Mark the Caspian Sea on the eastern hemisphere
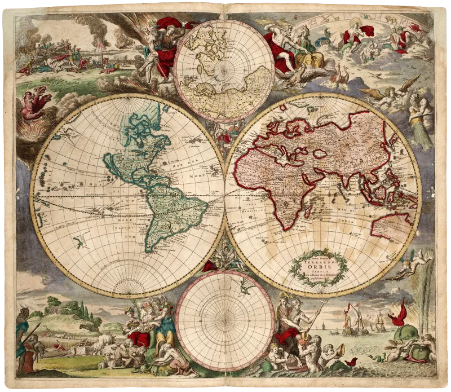(x=320, y=153)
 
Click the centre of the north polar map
(x=224, y=71)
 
